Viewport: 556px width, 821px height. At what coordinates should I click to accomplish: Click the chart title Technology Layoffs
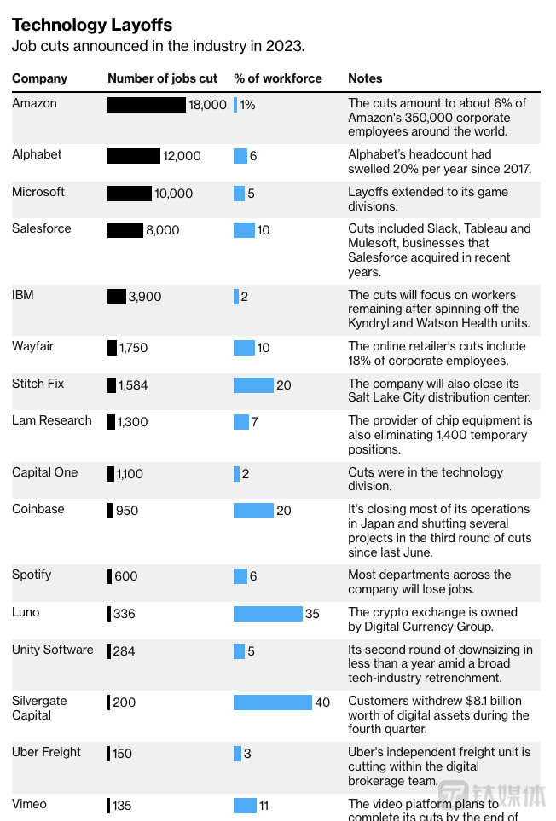tap(92, 25)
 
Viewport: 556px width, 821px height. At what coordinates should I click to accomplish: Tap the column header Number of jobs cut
tap(162, 78)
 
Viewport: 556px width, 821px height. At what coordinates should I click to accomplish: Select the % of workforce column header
tap(278, 78)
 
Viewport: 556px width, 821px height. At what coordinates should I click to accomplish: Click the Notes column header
tap(365, 78)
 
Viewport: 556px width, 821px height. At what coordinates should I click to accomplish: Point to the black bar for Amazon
tap(146, 105)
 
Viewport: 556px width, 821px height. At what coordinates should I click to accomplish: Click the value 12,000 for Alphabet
tap(182, 156)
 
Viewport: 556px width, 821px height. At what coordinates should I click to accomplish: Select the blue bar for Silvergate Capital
tap(272, 702)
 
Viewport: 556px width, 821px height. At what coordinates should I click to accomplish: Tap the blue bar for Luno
tap(268, 614)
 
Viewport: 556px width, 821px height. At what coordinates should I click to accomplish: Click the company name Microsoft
tap(38, 192)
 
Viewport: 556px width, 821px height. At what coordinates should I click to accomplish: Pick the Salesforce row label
tap(42, 228)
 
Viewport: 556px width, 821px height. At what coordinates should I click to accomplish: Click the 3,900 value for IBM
tap(144, 297)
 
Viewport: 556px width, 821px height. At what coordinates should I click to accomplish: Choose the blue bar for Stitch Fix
tap(253, 385)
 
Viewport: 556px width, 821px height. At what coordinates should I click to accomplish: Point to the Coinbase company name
tap(39, 509)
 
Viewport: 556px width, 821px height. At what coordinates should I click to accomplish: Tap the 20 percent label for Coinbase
tap(284, 511)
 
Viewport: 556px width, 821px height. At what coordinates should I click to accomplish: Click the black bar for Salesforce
tap(125, 230)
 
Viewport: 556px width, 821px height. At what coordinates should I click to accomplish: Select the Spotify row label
tap(32, 575)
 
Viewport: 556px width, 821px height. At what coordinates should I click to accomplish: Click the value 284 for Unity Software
tap(125, 651)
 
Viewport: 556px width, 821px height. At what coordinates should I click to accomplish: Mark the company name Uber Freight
tap(46, 752)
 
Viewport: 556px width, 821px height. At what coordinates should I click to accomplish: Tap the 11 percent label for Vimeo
tap(264, 806)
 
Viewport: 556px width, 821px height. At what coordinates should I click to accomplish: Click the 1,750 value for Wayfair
tap(133, 348)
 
